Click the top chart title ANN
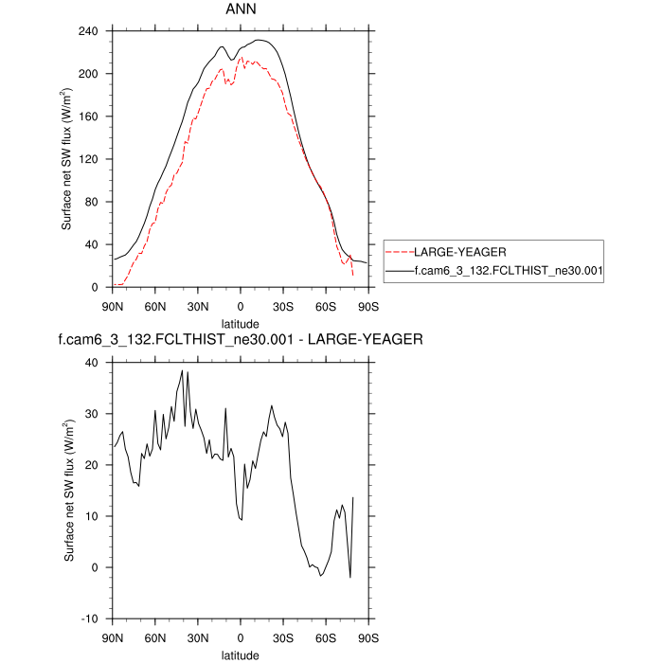[240, 9]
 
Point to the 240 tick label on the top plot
[89, 31]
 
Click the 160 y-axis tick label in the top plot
[89, 116]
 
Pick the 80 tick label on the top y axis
[93, 202]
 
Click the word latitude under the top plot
[240, 322]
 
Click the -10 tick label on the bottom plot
[91, 618]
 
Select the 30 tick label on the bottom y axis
[93, 414]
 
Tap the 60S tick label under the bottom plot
[325, 636]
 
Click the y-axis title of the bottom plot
[69, 491]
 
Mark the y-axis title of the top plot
[69, 159]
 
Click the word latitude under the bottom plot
[240, 654]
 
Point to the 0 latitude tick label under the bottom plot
[240, 636]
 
